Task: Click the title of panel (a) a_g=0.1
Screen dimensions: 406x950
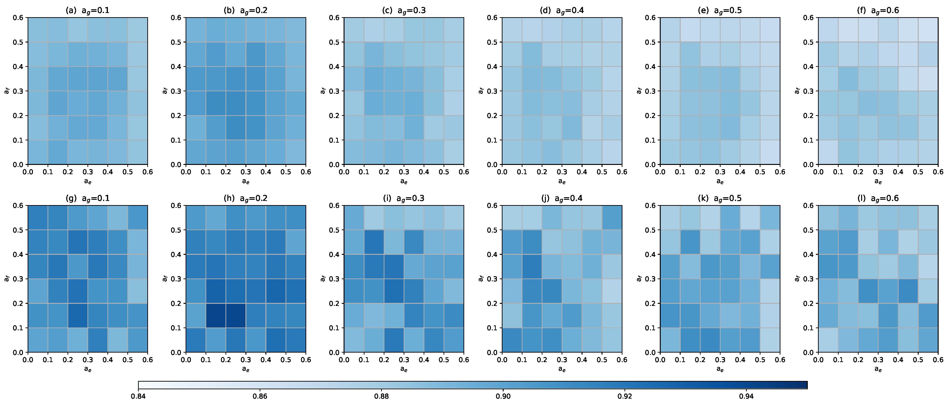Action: point(87,10)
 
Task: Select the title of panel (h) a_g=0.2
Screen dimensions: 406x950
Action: point(246,198)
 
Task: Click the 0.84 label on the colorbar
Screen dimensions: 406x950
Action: point(138,396)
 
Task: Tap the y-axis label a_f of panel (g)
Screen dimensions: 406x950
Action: point(6,279)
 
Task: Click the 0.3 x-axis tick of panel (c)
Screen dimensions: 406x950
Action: point(404,172)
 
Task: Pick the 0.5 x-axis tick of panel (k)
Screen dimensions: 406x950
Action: point(760,360)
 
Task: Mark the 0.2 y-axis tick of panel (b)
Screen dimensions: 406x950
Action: point(176,115)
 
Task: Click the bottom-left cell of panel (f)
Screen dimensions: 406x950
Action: point(828,152)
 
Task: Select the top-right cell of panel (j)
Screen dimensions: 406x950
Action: point(612,218)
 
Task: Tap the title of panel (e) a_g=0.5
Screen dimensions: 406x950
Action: point(720,10)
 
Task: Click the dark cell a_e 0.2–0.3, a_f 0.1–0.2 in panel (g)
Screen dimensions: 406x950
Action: point(77,316)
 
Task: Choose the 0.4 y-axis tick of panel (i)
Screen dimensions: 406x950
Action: point(334,254)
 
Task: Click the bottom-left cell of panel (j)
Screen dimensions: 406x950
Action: point(512,340)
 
